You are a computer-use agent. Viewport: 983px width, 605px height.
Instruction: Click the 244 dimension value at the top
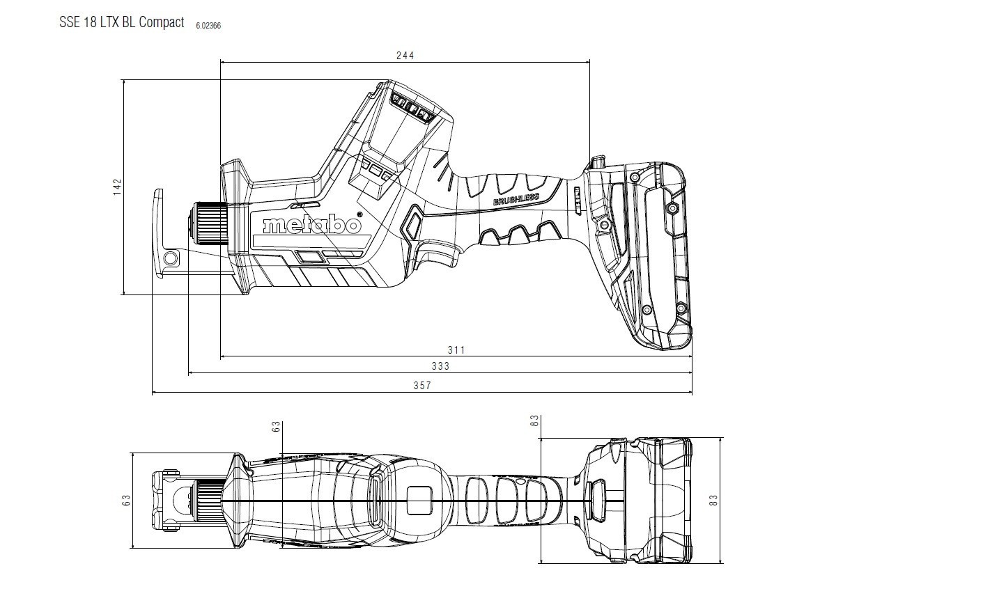(405, 55)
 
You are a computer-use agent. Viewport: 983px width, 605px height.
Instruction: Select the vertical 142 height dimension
(117, 187)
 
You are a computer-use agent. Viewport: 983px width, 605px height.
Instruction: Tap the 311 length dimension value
(456, 349)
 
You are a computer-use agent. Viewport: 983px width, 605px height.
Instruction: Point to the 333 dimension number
(440, 366)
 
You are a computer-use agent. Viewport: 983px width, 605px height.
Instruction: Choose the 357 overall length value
(422, 386)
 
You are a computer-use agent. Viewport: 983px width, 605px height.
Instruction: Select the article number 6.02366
(209, 26)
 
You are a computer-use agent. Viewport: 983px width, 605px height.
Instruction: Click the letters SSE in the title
(69, 22)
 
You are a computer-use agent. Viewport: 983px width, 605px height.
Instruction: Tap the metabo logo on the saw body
(311, 226)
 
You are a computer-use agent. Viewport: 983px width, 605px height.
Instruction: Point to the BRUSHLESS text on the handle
(516, 200)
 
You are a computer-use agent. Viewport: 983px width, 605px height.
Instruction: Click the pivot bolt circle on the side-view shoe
(171, 259)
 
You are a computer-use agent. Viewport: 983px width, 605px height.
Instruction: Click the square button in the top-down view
(419, 501)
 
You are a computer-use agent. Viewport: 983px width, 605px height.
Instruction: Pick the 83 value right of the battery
(713, 500)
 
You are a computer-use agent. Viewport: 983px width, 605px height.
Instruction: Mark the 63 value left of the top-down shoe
(126, 500)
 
